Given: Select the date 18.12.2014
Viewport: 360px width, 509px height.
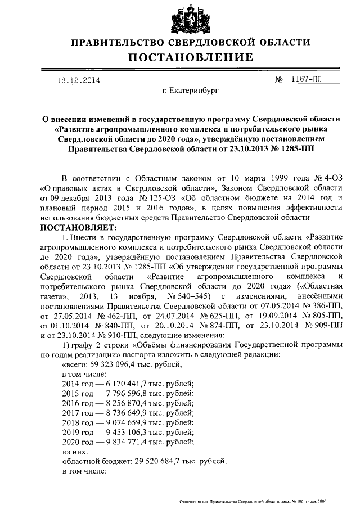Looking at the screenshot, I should [79, 80].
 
